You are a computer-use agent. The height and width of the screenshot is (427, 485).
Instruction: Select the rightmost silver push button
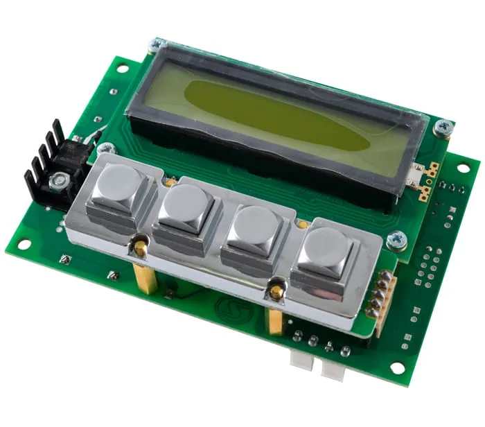pyautogui.click(x=328, y=250)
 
